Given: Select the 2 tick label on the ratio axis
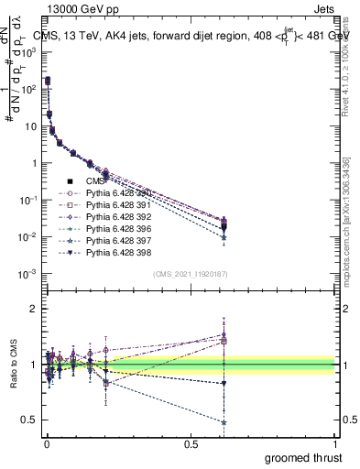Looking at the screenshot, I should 34,310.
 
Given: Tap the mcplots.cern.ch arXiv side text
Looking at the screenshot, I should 352,229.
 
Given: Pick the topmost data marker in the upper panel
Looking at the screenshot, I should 47,81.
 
